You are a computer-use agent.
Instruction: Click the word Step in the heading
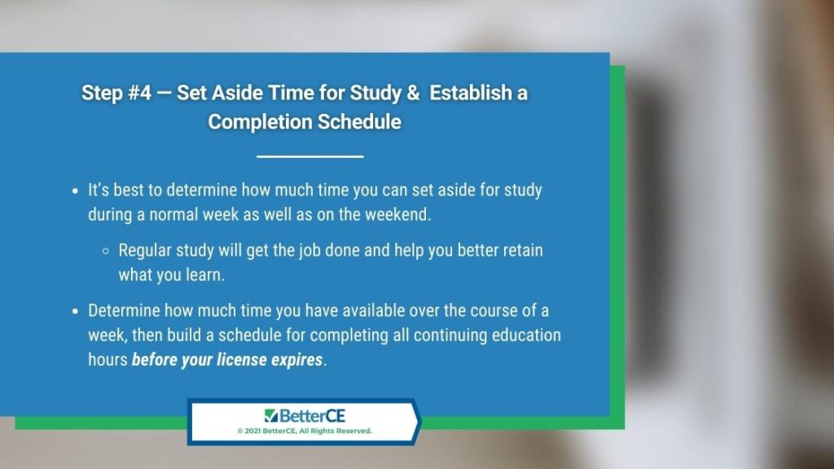pyautogui.click(x=102, y=94)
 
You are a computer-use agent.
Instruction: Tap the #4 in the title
pyautogui.click(x=139, y=93)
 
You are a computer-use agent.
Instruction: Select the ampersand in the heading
pyautogui.click(x=413, y=93)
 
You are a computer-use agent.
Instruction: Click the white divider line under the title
pyautogui.click(x=310, y=156)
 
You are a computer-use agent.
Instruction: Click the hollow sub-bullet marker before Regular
pyautogui.click(x=106, y=251)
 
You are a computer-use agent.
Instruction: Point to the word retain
pyautogui.click(x=523, y=250)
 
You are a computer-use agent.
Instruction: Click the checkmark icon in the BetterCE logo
pyautogui.click(x=270, y=415)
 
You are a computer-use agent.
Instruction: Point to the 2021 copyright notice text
pyautogui.click(x=305, y=431)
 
